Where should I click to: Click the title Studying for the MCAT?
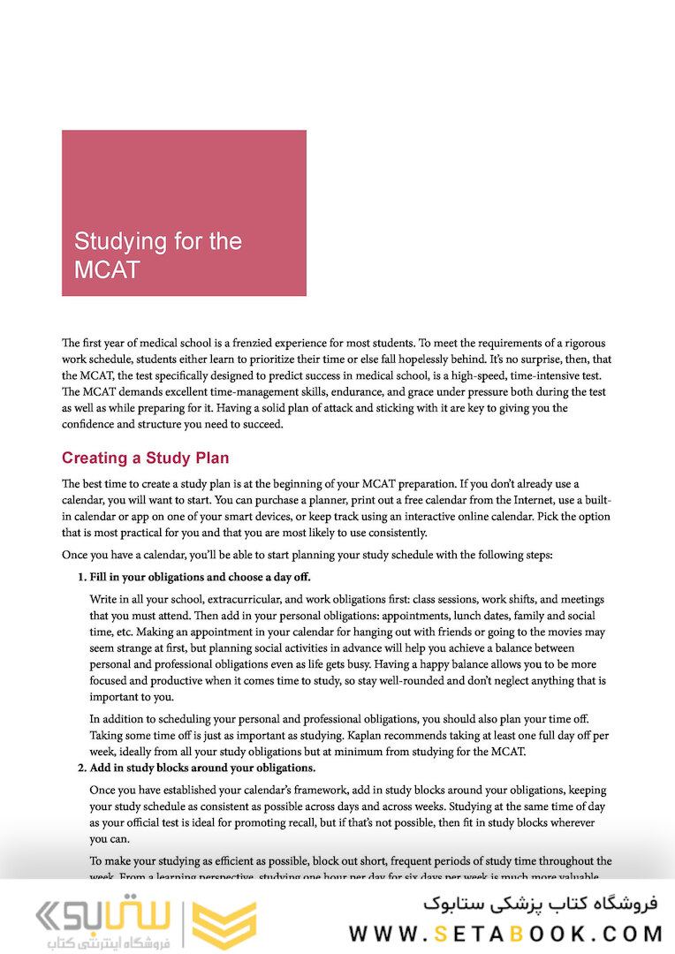pos(157,254)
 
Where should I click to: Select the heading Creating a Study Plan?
pos(145,458)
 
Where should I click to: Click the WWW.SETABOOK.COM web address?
pos(505,933)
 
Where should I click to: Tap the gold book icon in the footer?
pos(224,924)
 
